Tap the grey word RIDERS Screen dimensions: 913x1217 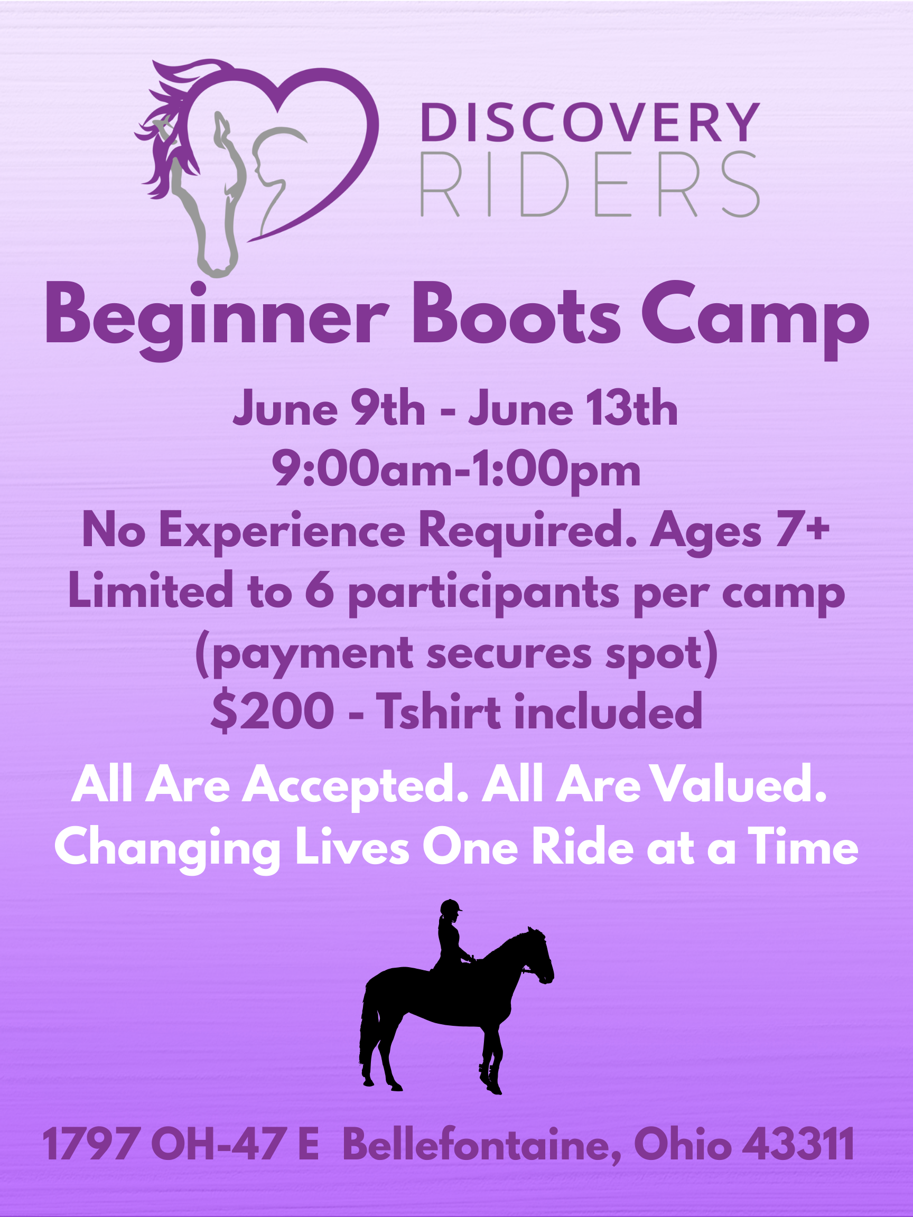tap(590, 184)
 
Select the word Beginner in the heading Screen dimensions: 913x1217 tap(217, 322)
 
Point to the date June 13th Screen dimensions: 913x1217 tap(573, 409)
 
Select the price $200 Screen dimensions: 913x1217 tap(273, 712)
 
